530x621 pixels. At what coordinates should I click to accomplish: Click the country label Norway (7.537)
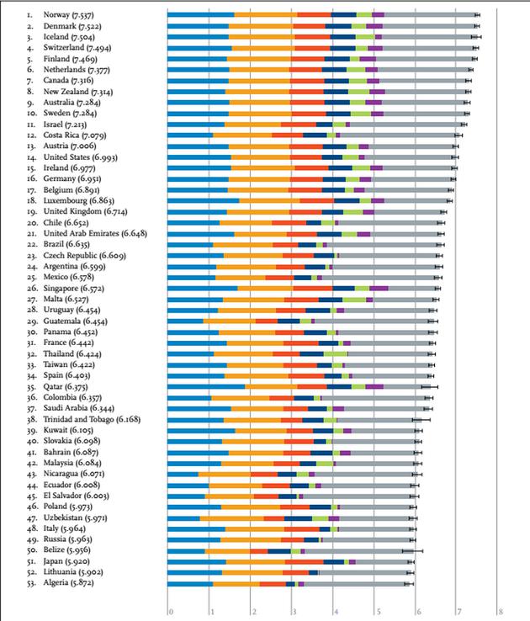tap(69, 15)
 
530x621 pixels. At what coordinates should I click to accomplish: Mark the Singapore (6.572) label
tap(74, 287)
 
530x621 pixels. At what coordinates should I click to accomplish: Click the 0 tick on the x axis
tap(170, 612)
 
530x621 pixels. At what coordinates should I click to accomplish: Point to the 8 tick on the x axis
tap(500, 612)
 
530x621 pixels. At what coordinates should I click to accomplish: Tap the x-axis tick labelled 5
tap(376, 612)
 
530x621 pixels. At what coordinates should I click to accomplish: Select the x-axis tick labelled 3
tap(294, 612)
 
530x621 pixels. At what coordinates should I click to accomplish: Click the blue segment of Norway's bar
tap(200, 15)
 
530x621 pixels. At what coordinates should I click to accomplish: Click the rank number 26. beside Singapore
tap(30, 287)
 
